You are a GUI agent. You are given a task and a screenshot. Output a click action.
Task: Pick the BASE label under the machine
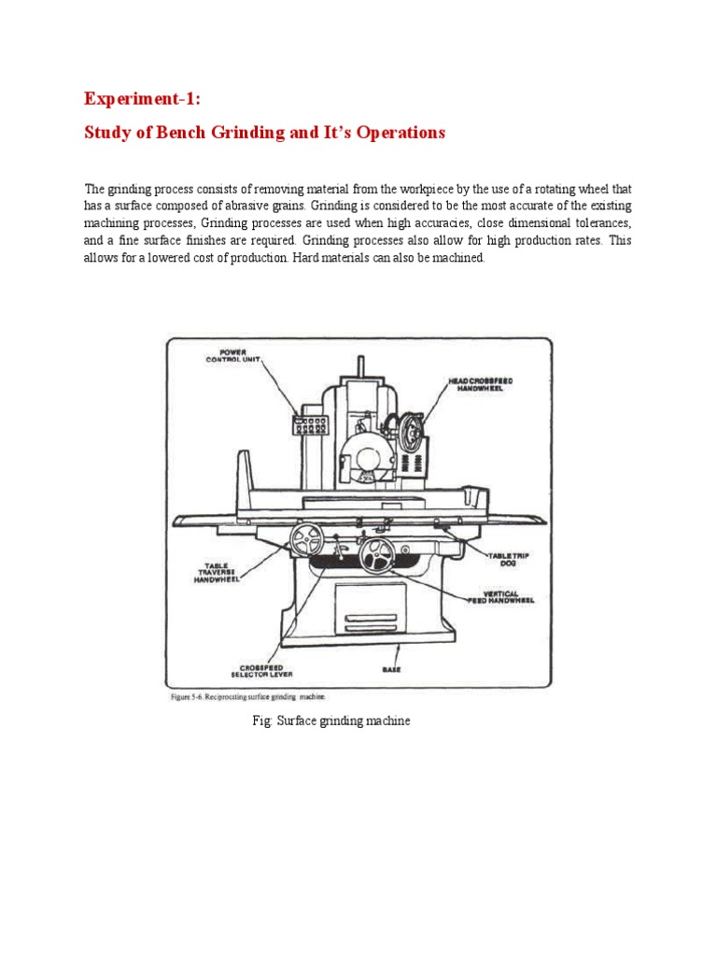(392, 669)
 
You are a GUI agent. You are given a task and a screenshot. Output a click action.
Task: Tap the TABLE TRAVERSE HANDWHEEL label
(217, 572)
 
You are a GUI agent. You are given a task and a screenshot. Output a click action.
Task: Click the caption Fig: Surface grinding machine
(330, 721)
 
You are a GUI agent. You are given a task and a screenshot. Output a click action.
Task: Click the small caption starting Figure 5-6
(247, 695)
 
